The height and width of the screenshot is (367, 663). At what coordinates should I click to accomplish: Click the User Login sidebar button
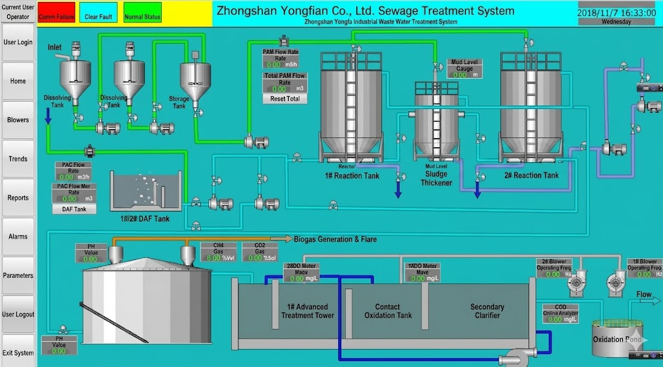[x=18, y=42]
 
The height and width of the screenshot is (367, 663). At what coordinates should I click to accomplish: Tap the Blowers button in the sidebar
[x=18, y=120]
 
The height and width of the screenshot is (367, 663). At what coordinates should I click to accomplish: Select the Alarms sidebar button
[x=18, y=237]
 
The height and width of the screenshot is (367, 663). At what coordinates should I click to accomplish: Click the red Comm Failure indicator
[x=56, y=16]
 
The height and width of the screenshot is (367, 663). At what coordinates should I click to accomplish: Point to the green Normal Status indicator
[x=142, y=16]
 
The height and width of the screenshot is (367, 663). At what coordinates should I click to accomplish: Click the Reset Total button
[x=285, y=99]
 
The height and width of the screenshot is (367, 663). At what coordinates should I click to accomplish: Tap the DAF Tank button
[x=74, y=209]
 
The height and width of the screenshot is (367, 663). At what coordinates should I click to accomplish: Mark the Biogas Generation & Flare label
[x=335, y=239]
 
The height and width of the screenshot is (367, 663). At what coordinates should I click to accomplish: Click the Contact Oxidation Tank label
[x=388, y=311]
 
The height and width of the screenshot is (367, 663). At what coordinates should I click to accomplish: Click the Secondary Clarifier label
[x=487, y=311]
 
